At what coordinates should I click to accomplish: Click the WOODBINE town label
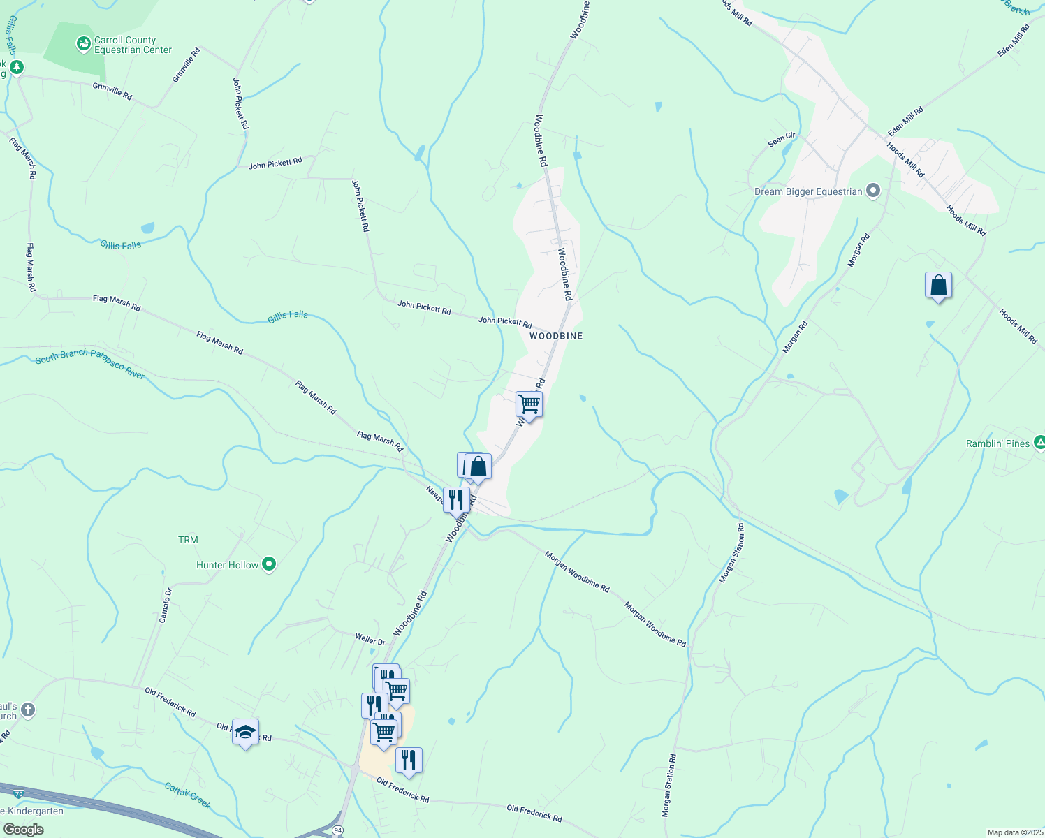[x=555, y=336]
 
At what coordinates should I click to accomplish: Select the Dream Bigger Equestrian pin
[x=872, y=191]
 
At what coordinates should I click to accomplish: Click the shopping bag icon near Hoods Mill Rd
[x=938, y=285]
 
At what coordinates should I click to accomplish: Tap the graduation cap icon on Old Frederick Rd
[x=245, y=732]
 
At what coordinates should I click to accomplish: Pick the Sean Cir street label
[x=782, y=140]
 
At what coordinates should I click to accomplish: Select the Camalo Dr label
[x=166, y=605]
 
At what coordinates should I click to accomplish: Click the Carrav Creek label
[x=188, y=796]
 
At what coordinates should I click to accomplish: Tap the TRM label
[x=188, y=540]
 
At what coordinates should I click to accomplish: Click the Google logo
[x=23, y=830]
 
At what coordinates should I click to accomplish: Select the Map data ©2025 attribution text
[x=1015, y=832]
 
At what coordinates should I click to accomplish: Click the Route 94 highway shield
[x=338, y=830]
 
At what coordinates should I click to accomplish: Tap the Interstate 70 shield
[x=19, y=794]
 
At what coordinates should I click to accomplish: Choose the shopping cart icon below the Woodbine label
[x=529, y=404]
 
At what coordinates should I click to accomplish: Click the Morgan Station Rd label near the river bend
[x=732, y=554]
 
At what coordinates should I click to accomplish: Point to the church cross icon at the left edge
[x=27, y=711]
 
